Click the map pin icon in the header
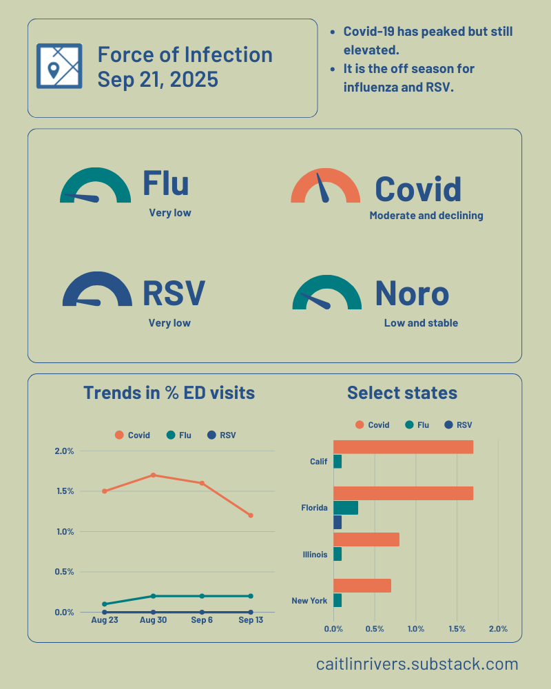[59, 66]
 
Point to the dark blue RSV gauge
[96, 291]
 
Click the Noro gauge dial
[326, 293]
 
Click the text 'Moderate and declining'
[426, 216]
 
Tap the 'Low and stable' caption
[420, 323]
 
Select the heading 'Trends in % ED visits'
[169, 393]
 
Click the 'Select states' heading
[402, 393]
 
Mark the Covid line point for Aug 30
[153, 475]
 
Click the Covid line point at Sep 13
[251, 515]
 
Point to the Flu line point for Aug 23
[105, 604]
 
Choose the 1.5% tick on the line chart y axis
[64, 491]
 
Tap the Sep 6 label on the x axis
[202, 620]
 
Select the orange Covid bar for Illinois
[366, 539]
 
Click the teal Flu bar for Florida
[345, 508]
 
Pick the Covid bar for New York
[362, 586]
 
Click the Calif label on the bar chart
[318, 462]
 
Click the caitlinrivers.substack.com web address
[417, 664]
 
